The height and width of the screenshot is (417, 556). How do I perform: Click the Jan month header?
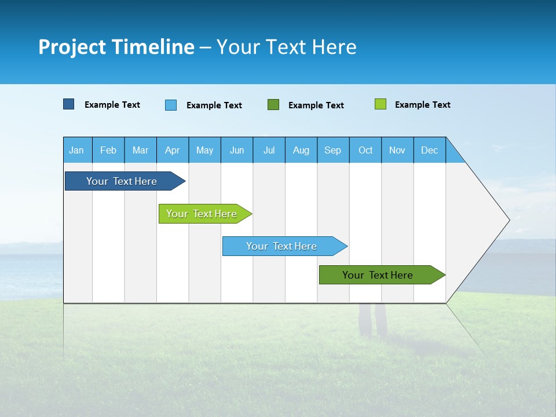[77, 150]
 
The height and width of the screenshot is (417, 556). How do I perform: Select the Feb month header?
[108, 150]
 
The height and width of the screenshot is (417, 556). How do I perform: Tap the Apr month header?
[173, 150]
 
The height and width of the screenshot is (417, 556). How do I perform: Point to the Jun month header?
[237, 150]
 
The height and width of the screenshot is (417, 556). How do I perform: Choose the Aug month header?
[301, 150]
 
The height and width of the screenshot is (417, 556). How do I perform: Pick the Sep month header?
[333, 150]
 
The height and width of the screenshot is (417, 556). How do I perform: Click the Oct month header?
[365, 150]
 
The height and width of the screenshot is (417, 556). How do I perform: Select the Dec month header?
[430, 150]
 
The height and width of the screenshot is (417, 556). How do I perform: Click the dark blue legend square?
[69, 104]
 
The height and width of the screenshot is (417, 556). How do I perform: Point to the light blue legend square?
[171, 105]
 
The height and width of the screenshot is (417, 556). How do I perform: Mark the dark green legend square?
[273, 105]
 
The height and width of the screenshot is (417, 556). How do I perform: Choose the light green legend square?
[381, 104]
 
